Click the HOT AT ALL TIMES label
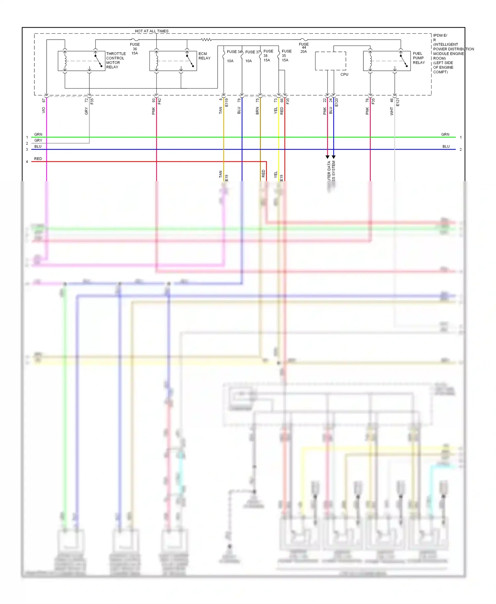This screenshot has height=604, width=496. [x=151, y=31]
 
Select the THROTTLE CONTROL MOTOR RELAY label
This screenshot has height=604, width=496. [x=116, y=60]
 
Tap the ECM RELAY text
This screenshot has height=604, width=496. [x=204, y=56]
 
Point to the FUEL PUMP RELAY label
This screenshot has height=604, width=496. [x=419, y=58]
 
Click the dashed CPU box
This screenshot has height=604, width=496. [x=330, y=61]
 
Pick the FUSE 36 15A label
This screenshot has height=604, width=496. [x=135, y=49]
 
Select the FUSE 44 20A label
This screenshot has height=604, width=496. [x=304, y=48]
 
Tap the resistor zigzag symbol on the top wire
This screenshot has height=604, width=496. [x=206, y=40]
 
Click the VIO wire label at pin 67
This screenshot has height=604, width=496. [x=43, y=110]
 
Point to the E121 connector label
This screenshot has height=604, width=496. [x=398, y=102]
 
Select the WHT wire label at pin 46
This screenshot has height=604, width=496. [x=392, y=111]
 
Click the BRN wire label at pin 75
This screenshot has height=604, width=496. [x=257, y=111]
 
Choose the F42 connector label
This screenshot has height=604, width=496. [x=159, y=101]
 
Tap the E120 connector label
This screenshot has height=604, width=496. [x=337, y=102]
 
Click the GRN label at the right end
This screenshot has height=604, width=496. [x=445, y=134]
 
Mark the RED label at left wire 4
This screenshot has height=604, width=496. [x=38, y=159]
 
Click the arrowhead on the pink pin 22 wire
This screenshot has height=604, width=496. [x=327, y=157]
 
